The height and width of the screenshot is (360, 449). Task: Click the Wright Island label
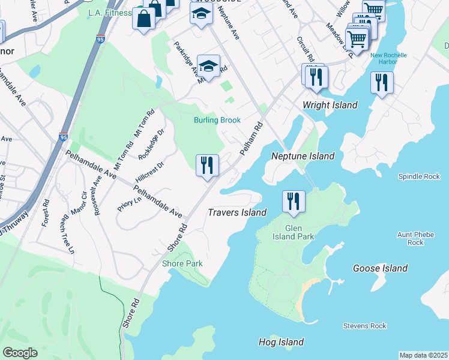pos(330,105)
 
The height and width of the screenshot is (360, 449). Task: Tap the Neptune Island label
pos(303,156)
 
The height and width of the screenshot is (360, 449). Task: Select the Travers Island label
pos(237,212)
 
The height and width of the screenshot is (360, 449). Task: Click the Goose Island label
pos(380,268)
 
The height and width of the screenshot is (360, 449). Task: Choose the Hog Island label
pos(281,342)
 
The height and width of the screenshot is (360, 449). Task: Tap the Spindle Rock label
pos(418,177)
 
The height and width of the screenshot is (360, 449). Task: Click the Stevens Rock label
pos(364,326)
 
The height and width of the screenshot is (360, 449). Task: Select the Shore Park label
pos(182,263)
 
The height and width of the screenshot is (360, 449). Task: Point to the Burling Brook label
pos(217,120)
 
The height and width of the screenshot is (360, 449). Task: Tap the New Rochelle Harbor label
pos(388,59)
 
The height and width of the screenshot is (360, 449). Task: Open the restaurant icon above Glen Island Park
pos(294,200)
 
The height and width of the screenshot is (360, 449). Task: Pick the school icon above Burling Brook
pos(208,67)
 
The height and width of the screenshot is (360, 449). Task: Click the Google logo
pos(20,352)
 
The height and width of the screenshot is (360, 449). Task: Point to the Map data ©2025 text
pos(424,355)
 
